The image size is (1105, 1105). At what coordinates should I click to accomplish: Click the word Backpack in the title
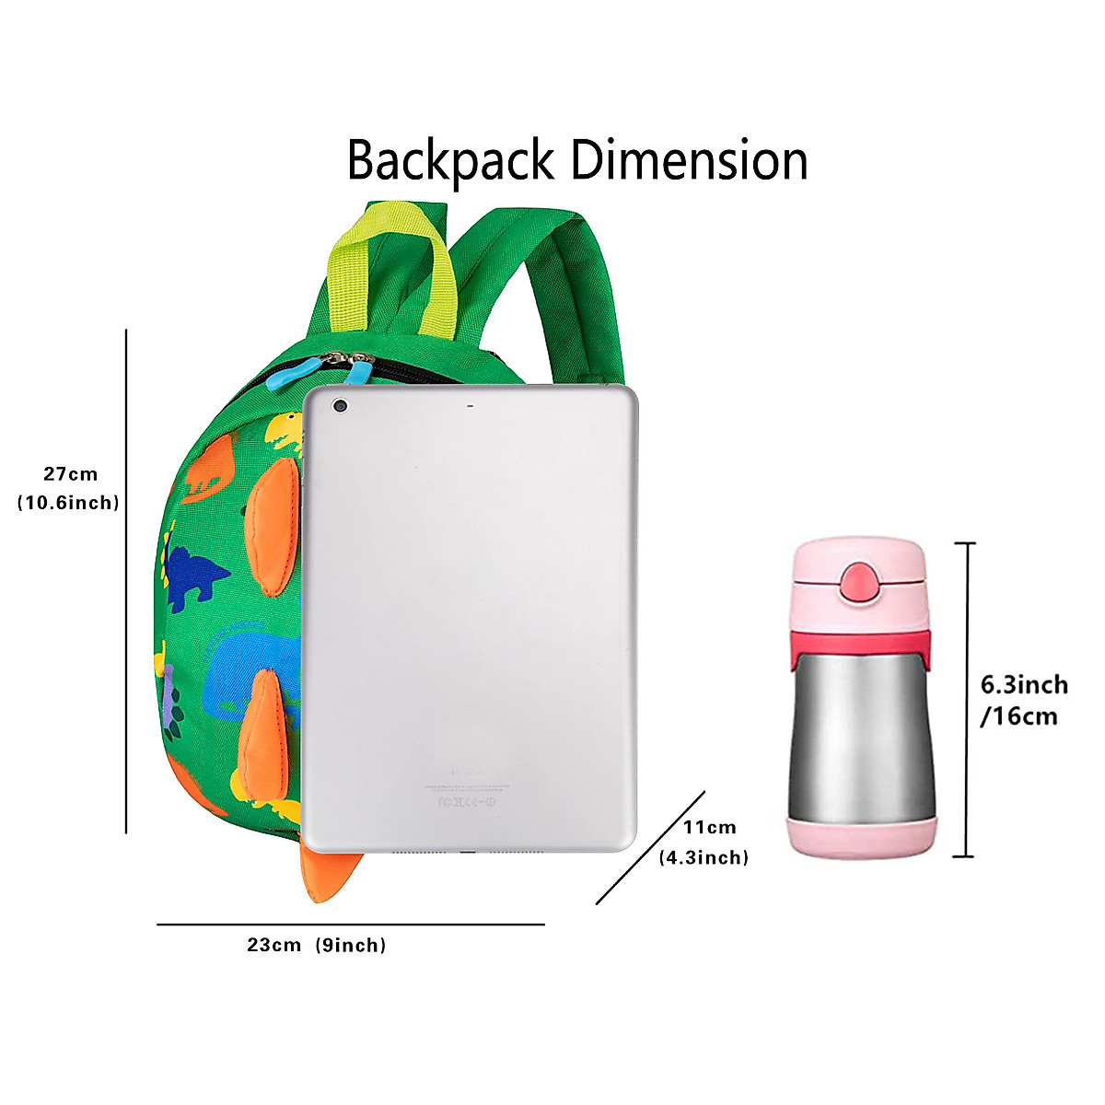[x=450, y=160]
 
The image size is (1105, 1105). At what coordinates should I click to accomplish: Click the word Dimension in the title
[x=689, y=160]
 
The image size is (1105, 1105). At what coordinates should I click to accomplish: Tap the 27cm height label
[x=70, y=474]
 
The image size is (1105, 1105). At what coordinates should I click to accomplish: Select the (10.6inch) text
[x=69, y=503]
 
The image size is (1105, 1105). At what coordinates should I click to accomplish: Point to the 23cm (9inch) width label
[x=316, y=945]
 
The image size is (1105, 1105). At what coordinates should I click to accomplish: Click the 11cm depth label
[x=709, y=827]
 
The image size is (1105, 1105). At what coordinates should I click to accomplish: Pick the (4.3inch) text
[x=704, y=857]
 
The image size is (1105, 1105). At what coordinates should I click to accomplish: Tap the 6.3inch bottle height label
[x=1024, y=684]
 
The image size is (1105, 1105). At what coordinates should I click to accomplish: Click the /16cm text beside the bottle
[x=1018, y=715]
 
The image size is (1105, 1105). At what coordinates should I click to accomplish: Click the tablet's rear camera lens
[x=341, y=405]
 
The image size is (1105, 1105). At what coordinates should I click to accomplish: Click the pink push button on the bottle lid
[x=861, y=582]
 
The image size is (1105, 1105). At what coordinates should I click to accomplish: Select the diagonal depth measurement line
[x=650, y=847]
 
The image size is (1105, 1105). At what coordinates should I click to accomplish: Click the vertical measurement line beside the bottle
[x=965, y=700]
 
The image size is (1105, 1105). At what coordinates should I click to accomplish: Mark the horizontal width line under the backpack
[x=350, y=924]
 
